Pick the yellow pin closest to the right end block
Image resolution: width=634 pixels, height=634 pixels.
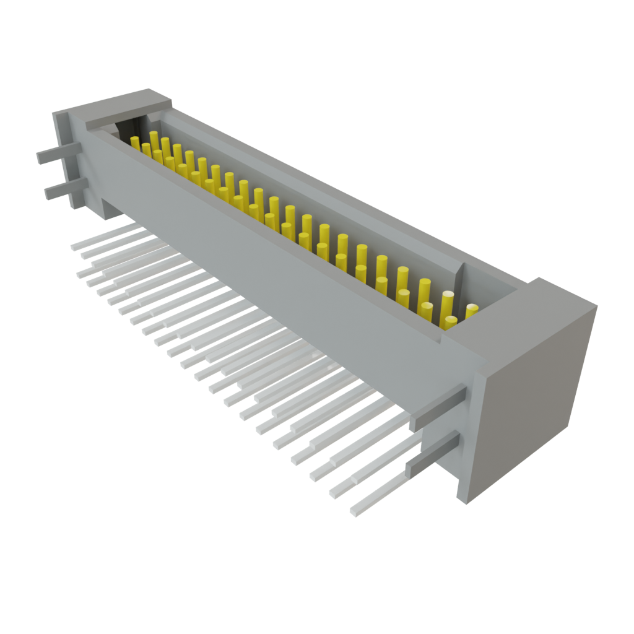tap(472, 310)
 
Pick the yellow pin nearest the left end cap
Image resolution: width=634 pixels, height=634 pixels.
tap(135, 142)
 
